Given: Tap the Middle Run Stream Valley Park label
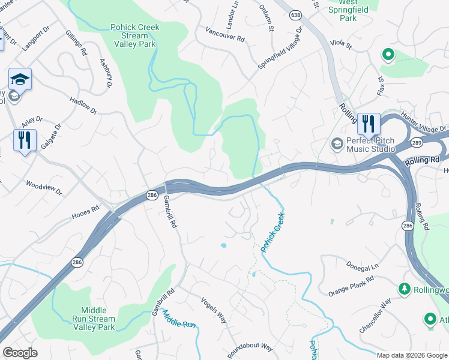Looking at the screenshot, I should (x=94, y=319).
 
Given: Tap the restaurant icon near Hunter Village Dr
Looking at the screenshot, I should (x=368, y=124).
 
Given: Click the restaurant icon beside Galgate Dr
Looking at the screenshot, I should (x=25, y=140).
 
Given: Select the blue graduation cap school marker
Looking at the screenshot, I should (x=20, y=79).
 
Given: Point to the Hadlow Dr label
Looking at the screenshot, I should (x=83, y=106).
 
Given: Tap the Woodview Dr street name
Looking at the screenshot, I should (x=44, y=187).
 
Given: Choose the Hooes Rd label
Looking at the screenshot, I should (x=85, y=211).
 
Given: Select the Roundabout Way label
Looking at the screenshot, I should (x=253, y=348).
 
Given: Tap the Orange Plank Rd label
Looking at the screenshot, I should (x=351, y=286).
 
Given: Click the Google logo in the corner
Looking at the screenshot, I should (x=20, y=353).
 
